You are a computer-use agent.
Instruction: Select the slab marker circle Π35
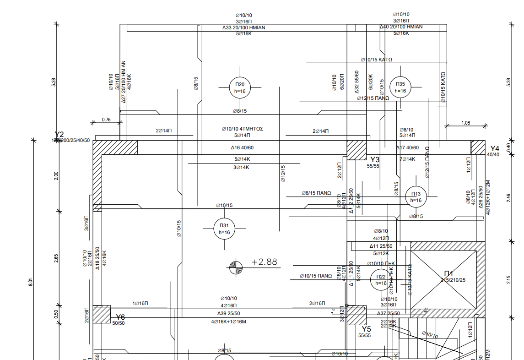[x=400, y=87]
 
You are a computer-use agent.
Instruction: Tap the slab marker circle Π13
[x=416, y=197]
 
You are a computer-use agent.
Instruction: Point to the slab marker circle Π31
[x=224, y=229]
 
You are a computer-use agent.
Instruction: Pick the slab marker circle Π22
[x=381, y=280]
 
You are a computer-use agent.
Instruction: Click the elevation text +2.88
[x=264, y=262]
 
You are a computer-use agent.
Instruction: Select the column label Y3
[x=375, y=159]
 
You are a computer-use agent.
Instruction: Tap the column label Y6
[x=120, y=317]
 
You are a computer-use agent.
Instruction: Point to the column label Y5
[x=366, y=329]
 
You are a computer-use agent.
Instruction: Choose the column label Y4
[x=495, y=148]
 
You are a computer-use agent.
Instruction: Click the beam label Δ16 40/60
[x=242, y=148]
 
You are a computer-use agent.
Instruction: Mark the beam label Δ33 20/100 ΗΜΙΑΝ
[x=243, y=27]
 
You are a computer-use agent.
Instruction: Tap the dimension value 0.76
[x=106, y=120]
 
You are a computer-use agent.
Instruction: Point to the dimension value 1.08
[x=466, y=123]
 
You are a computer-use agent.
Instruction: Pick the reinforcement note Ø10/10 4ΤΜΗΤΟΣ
[x=242, y=129]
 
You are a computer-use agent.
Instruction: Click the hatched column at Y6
[x=102, y=315]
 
